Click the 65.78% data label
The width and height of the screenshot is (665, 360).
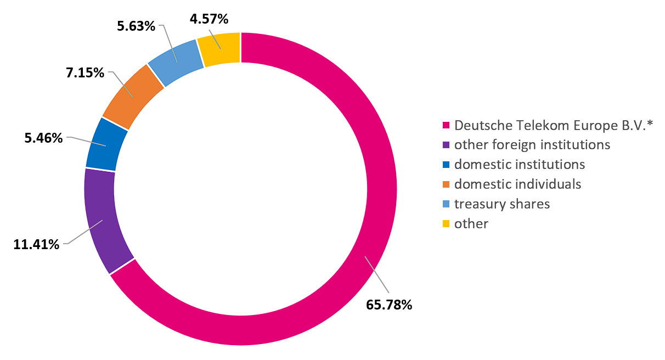tap(389, 304)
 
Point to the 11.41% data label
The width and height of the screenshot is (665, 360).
tap(36, 244)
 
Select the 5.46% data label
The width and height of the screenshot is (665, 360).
tap(43, 138)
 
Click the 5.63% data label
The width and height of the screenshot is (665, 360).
tap(136, 25)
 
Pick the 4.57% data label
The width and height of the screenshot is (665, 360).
tap(208, 19)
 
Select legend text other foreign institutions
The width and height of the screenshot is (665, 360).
tap(532, 145)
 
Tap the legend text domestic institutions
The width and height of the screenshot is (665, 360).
tap(520, 164)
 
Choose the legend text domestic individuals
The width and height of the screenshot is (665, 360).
tap(517, 184)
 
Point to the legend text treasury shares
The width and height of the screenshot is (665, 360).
tap(502, 204)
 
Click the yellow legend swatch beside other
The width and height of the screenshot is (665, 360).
tap(447, 223)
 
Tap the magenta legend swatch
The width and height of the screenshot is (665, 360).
tap(447, 125)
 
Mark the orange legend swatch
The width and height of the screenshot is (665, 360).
tap(447, 184)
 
